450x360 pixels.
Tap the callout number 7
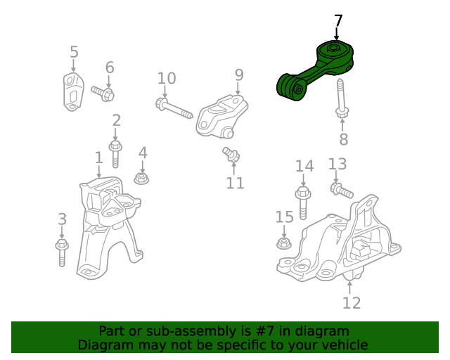point(338,21)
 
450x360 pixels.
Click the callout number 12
point(352,302)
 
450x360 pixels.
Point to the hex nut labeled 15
point(284,243)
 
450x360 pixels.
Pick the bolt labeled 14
point(303,202)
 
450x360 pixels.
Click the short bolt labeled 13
point(342,190)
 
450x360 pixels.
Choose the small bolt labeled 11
point(231,154)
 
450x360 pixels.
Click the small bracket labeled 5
point(73,92)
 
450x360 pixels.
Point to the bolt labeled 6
point(103,94)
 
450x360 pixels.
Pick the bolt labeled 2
point(115,153)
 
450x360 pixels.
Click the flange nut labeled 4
point(141,179)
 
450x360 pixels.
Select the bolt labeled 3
point(62,252)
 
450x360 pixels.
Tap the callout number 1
point(98,157)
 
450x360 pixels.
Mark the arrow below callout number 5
point(73,65)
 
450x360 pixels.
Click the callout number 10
point(167,78)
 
